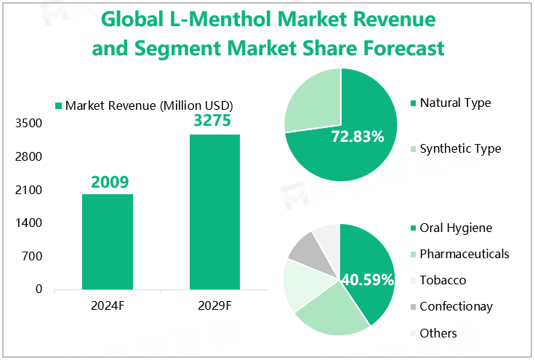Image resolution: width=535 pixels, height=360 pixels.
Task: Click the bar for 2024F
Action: pos(108,241)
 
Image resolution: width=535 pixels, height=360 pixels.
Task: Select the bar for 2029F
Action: pos(214,212)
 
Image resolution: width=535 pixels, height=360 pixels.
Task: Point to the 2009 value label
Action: pos(109,182)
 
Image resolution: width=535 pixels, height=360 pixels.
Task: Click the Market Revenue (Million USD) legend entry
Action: pos(149,105)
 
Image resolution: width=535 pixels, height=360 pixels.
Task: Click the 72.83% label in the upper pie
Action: pos(357,136)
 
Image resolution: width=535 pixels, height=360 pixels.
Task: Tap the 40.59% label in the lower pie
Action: pos(368,279)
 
